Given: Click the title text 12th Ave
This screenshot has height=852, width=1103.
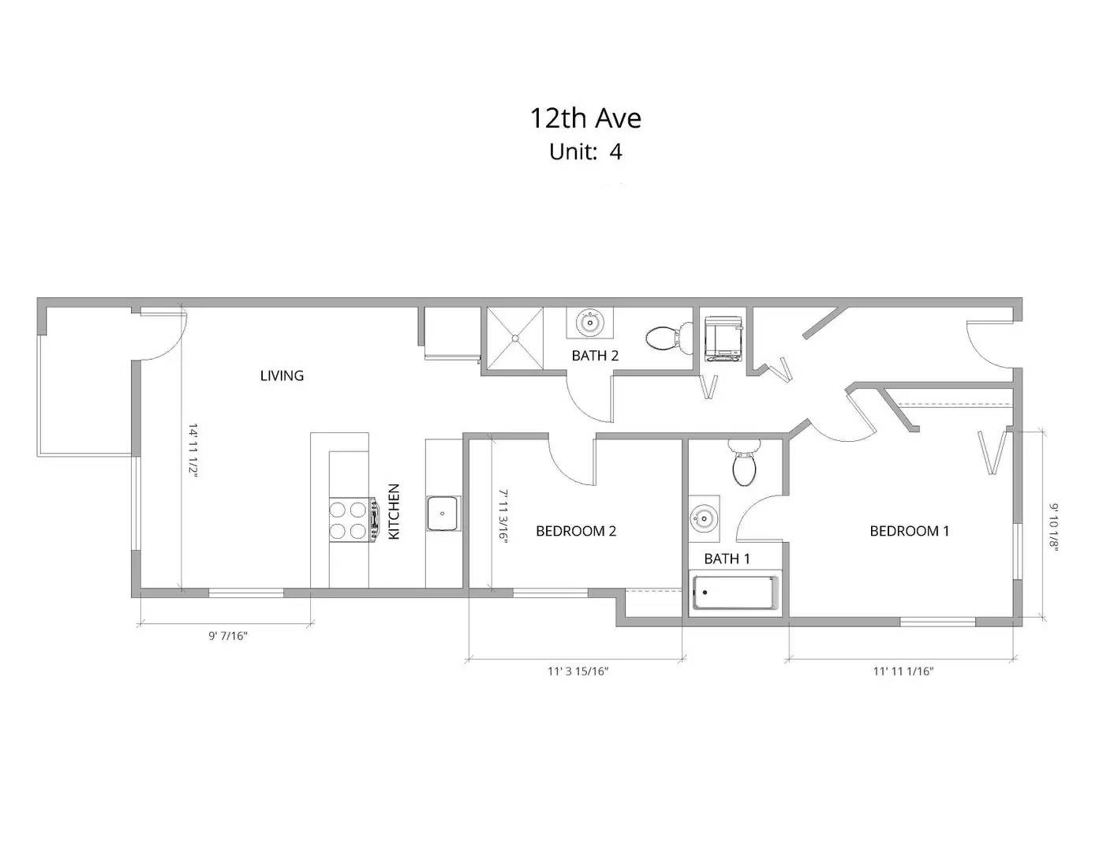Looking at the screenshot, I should click(585, 118).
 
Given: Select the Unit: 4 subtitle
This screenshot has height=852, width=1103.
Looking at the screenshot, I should click(585, 151).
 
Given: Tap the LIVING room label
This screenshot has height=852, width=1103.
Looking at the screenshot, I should click(282, 376).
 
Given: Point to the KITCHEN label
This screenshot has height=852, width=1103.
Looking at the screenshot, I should click(394, 511).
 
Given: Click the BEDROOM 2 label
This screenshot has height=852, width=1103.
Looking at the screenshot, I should click(575, 531).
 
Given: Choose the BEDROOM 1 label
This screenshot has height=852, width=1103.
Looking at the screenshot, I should click(909, 531).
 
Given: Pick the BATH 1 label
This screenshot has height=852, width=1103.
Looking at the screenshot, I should click(727, 559).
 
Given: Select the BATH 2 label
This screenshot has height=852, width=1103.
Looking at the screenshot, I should click(595, 356).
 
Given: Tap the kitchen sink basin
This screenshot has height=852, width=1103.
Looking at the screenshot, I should click(443, 513).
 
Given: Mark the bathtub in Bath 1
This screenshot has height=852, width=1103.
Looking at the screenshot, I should click(735, 593).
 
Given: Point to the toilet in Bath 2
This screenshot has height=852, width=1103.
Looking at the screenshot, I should click(663, 339).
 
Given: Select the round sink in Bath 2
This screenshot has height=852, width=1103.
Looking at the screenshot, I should click(589, 322).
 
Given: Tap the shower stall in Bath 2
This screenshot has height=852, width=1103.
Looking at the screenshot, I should click(515, 337).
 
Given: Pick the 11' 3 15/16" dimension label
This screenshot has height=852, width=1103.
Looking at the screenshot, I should click(578, 671).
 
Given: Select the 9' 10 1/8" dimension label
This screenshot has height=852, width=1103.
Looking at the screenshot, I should click(1054, 529).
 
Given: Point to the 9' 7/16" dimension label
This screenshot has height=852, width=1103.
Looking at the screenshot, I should click(228, 635).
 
